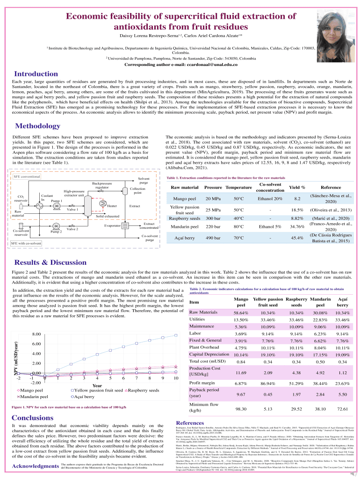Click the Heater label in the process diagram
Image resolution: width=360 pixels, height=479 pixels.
click(112, 206)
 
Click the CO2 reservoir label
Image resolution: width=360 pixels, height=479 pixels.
click(22, 198)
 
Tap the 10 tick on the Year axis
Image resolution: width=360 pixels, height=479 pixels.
click(175, 377)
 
